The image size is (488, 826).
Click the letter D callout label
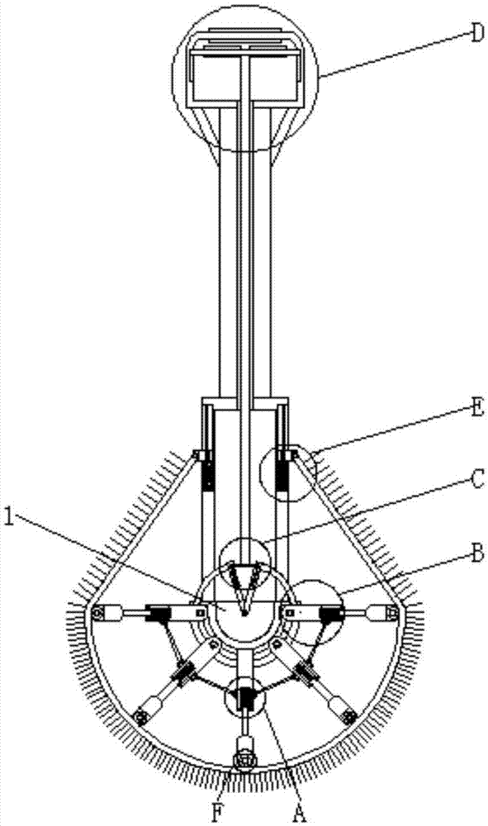tap(476, 34)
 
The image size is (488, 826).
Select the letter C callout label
tap(476, 480)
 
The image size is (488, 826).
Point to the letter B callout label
tap(477, 554)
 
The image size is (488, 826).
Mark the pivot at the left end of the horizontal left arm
tap(97, 613)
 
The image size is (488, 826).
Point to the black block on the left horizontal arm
tap(158, 613)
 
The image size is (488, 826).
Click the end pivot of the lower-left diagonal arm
tap(141, 717)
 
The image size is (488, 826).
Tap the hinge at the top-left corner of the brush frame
tap(198, 455)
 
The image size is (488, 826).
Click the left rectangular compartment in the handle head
tap(216, 77)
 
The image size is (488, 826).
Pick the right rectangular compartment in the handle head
tap(275, 77)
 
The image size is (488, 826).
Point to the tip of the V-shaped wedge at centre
tap(244, 615)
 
